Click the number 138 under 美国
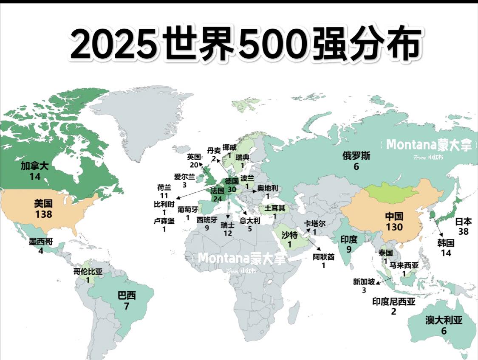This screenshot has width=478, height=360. click(44, 214)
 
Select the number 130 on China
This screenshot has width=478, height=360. click(394, 227)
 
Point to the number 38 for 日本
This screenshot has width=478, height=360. click(464, 231)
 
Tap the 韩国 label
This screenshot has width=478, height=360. click(446, 243)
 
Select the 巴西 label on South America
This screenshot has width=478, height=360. click(127, 295)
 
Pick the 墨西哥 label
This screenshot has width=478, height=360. click(41, 242)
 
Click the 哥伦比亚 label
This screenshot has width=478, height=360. click(88, 272)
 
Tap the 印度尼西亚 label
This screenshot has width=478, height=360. click(393, 302)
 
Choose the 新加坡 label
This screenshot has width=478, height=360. click(364, 282)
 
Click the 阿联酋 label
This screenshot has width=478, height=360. click(323, 257)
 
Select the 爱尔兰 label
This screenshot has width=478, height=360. click(184, 177)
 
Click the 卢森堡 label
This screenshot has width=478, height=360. click(164, 221)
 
